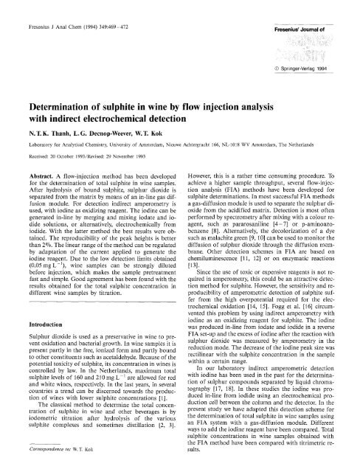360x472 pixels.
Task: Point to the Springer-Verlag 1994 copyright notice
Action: coord(314,75)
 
